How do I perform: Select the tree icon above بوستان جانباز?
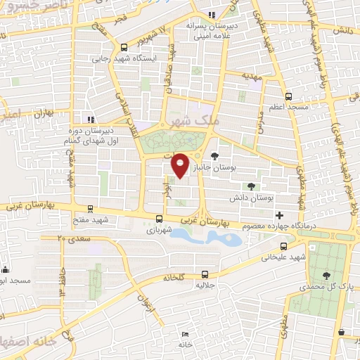pyautogui.click(x=214, y=156)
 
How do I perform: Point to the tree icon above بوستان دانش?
pyautogui.click(x=252, y=186)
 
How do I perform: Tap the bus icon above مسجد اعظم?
pyautogui.click(x=288, y=96)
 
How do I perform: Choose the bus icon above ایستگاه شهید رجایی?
pyautogui.click(x=124, y=47)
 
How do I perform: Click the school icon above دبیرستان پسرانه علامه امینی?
pyautogui.click(x=212, y=15)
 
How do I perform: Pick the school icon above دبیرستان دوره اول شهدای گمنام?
pyautogui.click(x=90, y=119)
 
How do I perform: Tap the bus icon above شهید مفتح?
pyautogui.click(x=90, y=209)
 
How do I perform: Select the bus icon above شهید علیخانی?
pyautogui.click(x=283, y=246)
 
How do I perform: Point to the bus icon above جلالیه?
pyautogui.click(x=205, y=274)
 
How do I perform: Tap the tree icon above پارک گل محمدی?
pyautogui.click(x=325, y=276)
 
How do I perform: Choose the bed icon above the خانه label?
pyautogui.click(x=185, y=334)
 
